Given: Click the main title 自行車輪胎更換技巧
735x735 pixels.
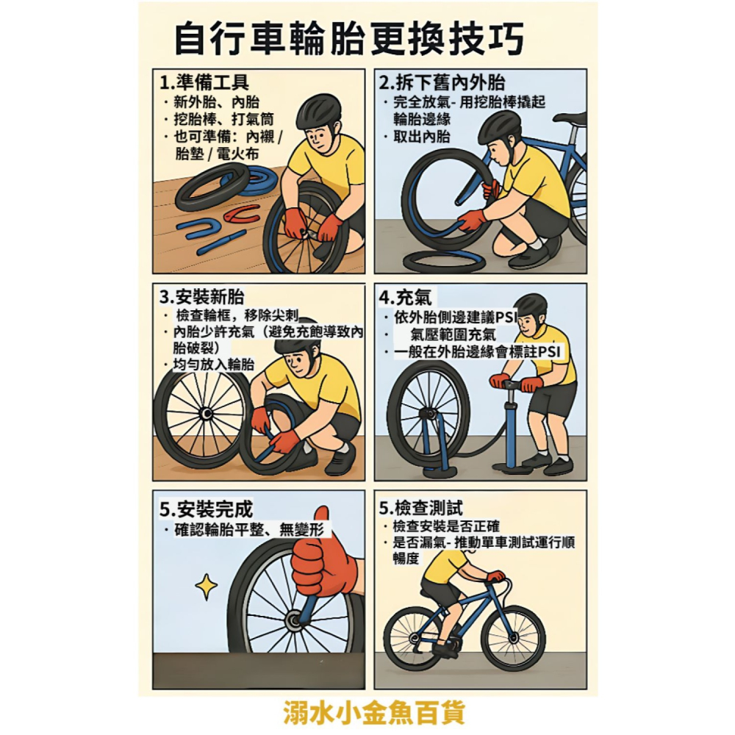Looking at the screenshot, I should pos(349,38).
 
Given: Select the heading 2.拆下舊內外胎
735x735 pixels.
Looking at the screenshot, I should pos(441,82).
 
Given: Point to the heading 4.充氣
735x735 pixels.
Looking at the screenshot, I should pos(406,297).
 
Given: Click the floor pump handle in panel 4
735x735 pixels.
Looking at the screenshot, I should pos(515,382).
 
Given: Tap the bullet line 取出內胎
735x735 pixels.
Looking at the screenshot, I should pos(423,137).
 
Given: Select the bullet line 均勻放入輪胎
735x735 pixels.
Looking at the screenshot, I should pos(213,365).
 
